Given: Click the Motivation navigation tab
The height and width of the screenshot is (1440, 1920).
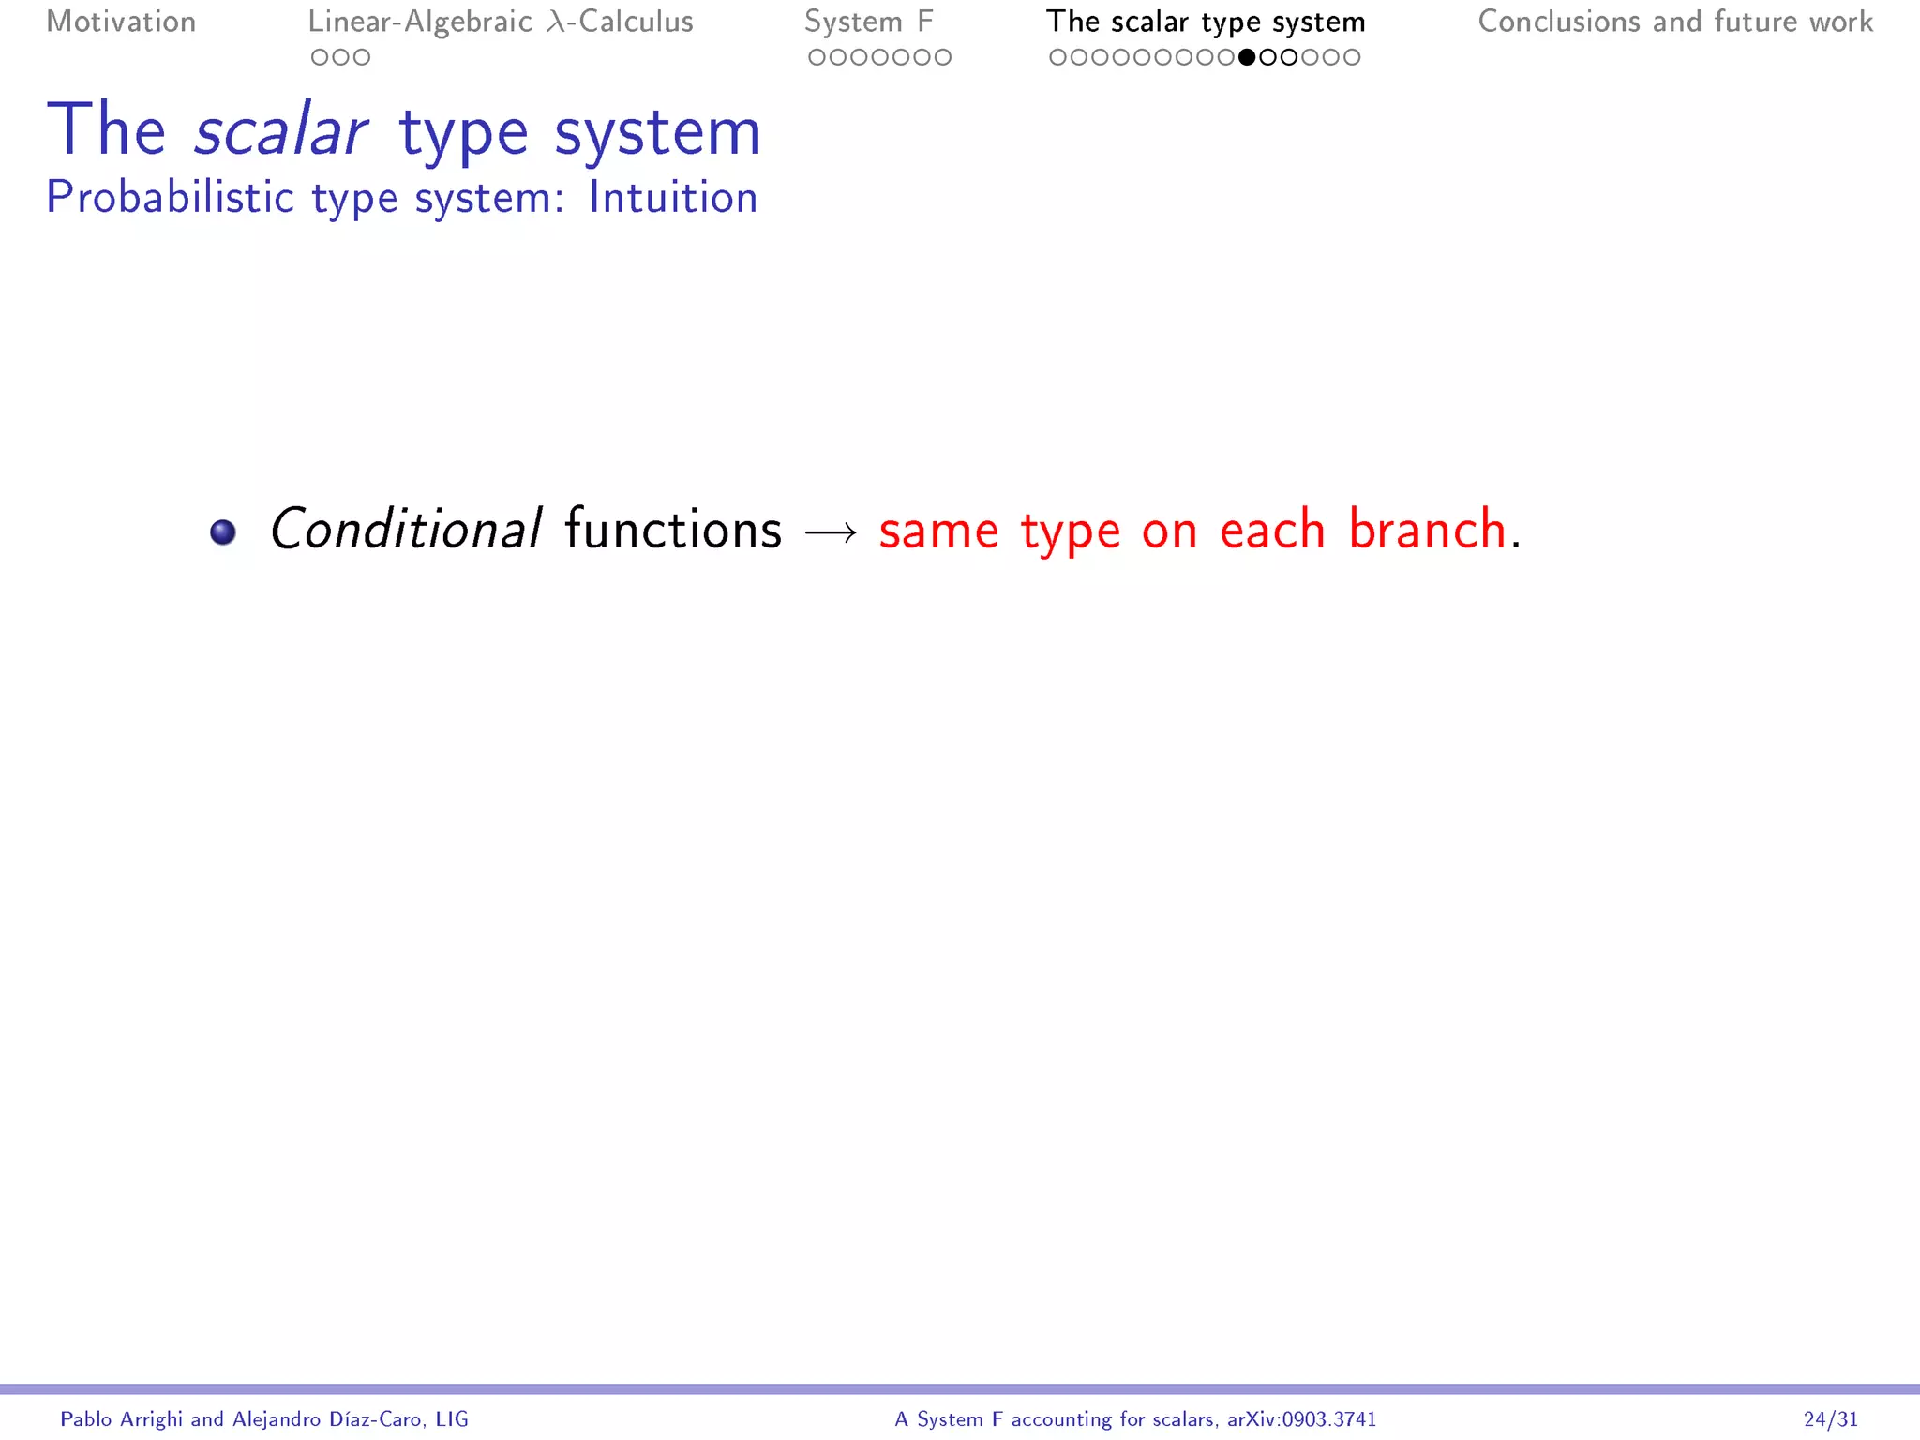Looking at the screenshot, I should tap(121, 22).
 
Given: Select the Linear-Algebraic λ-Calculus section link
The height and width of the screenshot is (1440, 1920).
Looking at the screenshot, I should tap(501, 22).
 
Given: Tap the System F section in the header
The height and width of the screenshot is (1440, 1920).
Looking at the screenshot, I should tap(869, 22).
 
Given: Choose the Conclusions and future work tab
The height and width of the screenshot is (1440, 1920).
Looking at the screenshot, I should tap(1675, 22).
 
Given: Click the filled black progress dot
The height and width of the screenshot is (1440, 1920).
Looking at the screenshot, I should tap(1247, 57).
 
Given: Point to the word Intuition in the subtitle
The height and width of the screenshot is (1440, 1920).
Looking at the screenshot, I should tap(672, 198).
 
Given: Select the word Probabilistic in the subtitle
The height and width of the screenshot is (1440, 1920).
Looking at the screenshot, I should tap(171, 198).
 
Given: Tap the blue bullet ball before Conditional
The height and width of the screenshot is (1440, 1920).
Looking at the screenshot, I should tap(223, 532).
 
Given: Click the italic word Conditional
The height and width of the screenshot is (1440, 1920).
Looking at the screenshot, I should tap(405, 530).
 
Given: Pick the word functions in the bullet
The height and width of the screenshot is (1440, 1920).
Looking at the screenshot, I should tap(673, 530).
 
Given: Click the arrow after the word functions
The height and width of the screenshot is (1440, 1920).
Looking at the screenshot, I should tap(831, 532).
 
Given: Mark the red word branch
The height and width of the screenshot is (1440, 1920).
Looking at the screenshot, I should tap(1427, 530).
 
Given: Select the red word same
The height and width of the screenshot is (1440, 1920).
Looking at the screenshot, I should tap(938, 532).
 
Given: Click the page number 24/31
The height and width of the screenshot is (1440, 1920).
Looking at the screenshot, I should tap(1830, 1419).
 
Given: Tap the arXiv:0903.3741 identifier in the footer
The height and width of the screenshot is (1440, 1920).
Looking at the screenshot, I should tap(1301, 1419).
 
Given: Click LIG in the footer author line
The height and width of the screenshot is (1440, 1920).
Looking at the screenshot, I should tap(452, 1419).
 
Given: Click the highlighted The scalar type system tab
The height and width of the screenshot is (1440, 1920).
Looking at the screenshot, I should tap(1206, 22).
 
